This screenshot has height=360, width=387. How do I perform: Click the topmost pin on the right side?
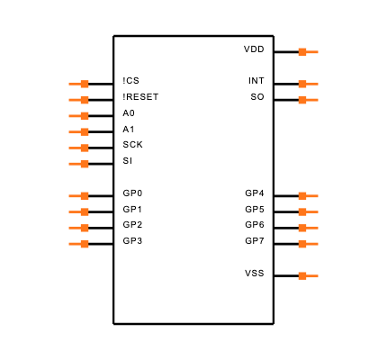tap(308, 52)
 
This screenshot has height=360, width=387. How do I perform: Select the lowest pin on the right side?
tap(308, 276)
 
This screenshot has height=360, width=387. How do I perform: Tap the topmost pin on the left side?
tap(78, 85)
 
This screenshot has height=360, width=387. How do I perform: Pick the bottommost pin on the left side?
tap(78, 244)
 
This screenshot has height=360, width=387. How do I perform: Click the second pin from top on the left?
tap(78, 100)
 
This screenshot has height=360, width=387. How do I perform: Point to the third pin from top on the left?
tap(78, 116)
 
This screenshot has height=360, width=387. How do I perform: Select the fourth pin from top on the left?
tap(78, 132)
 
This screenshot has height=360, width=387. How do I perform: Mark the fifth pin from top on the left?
tap(78, 148)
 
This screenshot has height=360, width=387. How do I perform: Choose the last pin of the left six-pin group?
tap(78, 165)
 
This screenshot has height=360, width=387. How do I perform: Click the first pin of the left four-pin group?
tap(78, 196)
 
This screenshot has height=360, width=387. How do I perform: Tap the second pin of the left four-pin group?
tap(78, 212)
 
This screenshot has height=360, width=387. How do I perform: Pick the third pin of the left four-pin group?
tap(78, 229)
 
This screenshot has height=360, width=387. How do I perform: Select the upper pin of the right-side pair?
tap(308, 85)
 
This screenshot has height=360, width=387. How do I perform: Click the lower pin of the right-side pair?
tap(308, 100)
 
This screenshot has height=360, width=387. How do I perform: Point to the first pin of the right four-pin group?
tap(308, 196)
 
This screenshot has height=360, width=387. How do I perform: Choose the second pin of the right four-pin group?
tap(308, 212)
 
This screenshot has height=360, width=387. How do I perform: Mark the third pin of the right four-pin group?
tap(308, 229)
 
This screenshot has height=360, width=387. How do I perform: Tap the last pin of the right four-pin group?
tap(308, 244)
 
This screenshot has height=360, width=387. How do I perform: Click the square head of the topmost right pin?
tap(302, 52)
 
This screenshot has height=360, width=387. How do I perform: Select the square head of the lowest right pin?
tap(302, 276)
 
